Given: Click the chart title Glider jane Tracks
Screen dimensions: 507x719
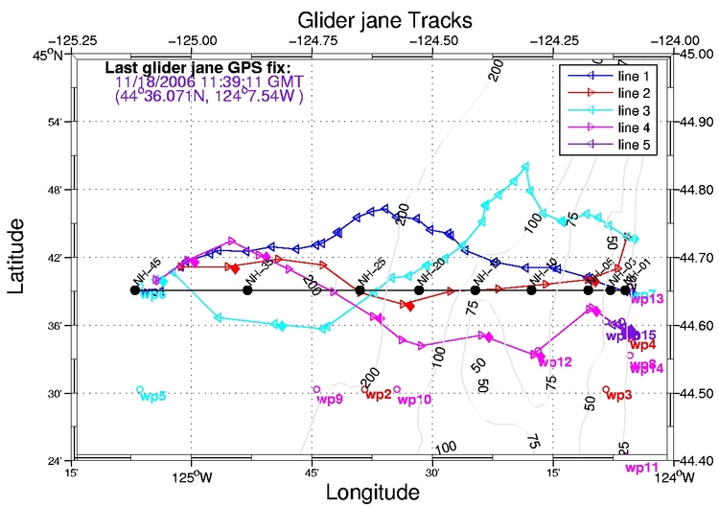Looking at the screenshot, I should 371,19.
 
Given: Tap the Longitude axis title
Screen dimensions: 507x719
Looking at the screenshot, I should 372,492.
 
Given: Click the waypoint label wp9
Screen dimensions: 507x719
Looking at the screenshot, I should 329,399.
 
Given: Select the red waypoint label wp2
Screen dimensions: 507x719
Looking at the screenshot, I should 377,395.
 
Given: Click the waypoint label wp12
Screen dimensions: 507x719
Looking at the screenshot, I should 555,362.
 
